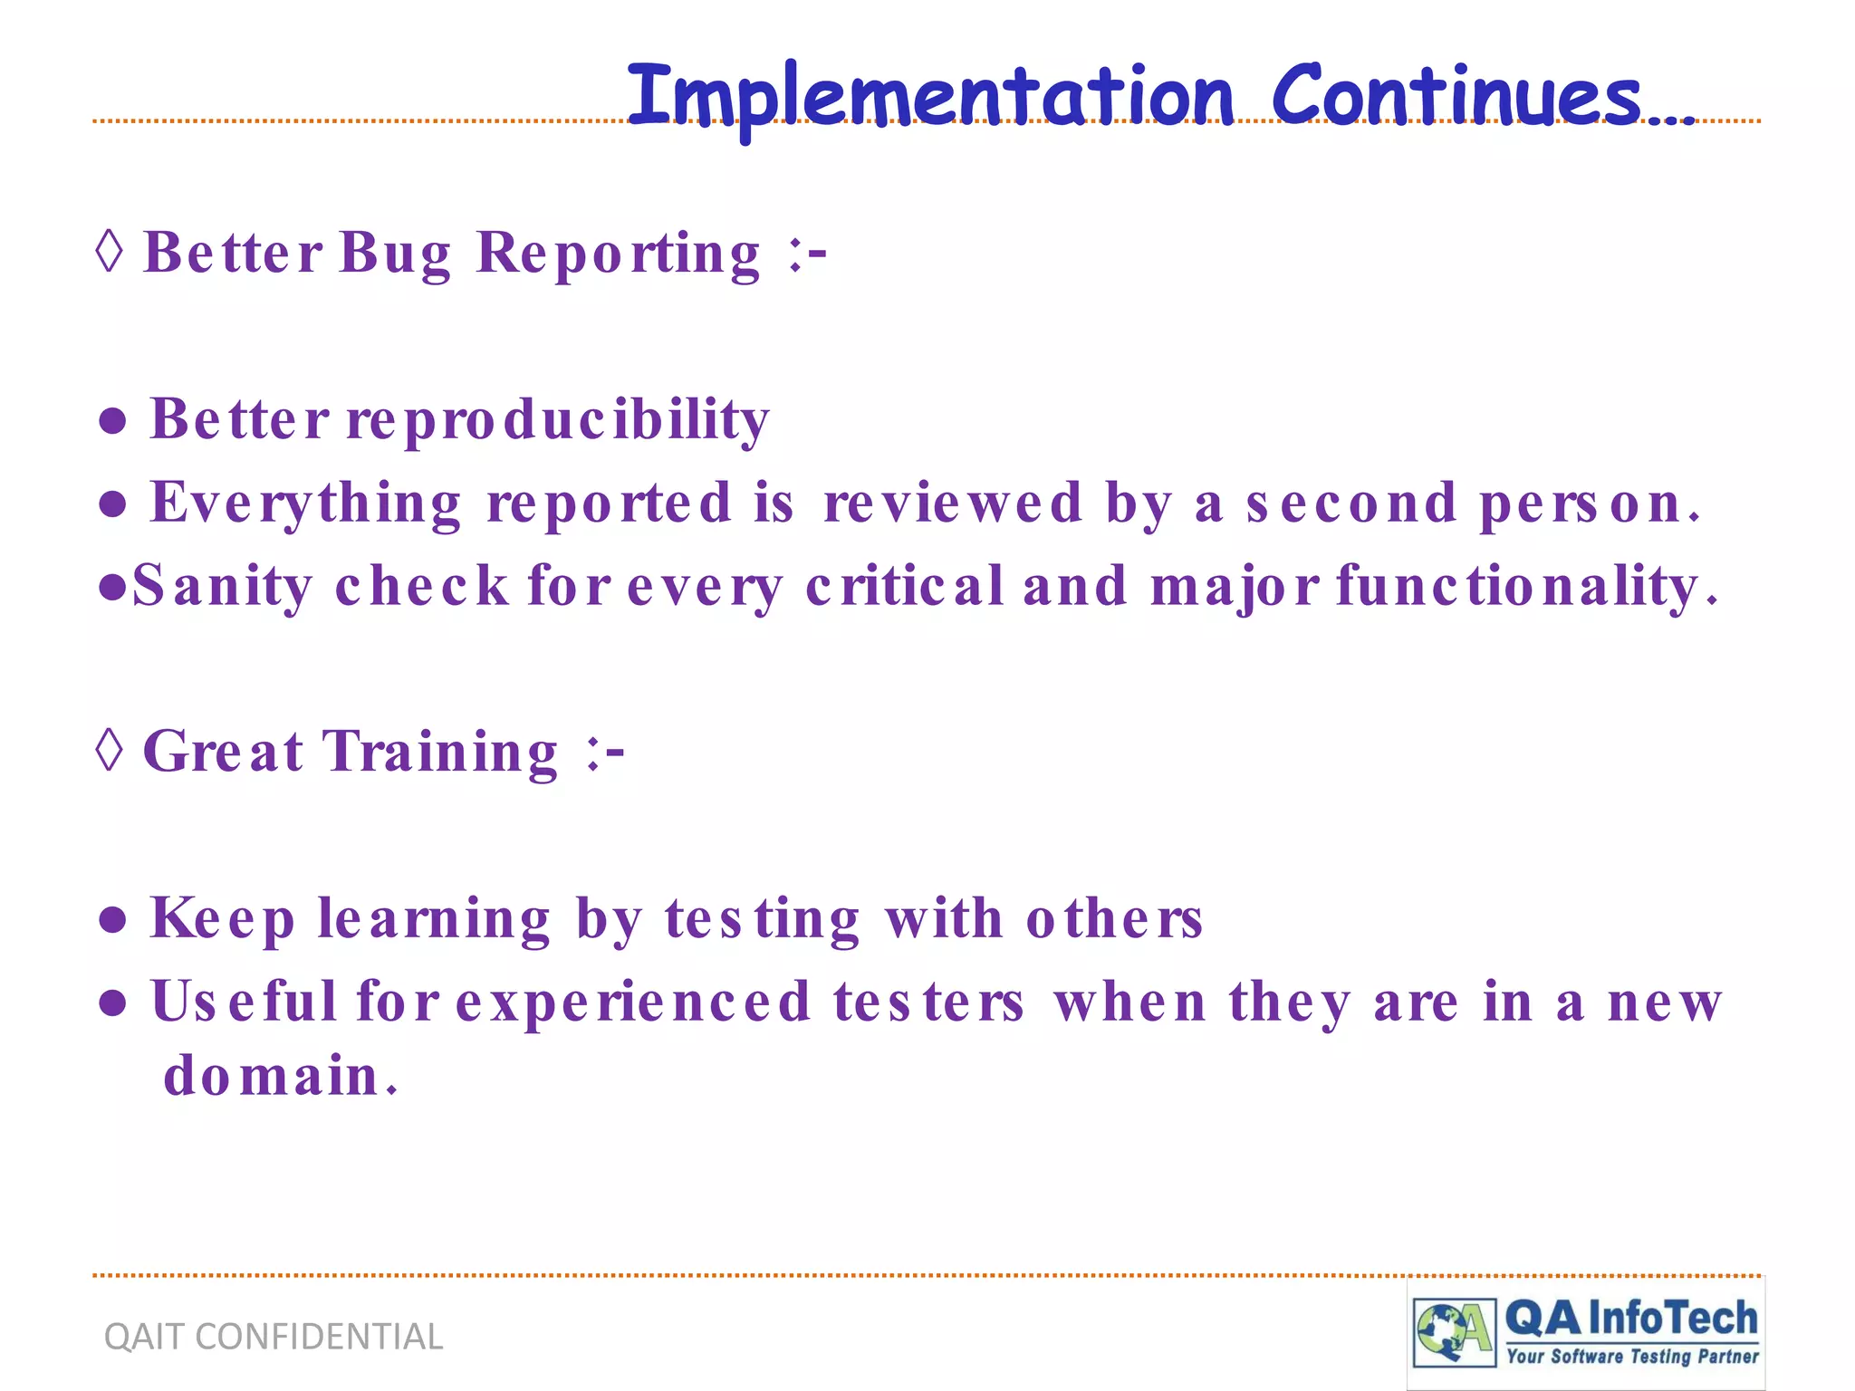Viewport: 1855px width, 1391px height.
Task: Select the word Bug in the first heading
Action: (395, 253)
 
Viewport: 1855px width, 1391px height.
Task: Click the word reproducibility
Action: (557, 420)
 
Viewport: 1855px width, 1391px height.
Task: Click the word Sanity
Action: (222, 586)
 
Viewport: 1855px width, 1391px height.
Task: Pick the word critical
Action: (904, 586)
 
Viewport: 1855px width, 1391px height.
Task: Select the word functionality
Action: (1525, 586)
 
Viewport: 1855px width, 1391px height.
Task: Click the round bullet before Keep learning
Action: (112, 920)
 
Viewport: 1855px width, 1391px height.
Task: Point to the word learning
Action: (434, 920)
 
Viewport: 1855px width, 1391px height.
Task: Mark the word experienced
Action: (632, 1002)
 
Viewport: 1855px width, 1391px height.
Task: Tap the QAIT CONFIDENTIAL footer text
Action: (274, 1337)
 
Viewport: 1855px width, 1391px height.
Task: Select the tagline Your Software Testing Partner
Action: (1632, 1356)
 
